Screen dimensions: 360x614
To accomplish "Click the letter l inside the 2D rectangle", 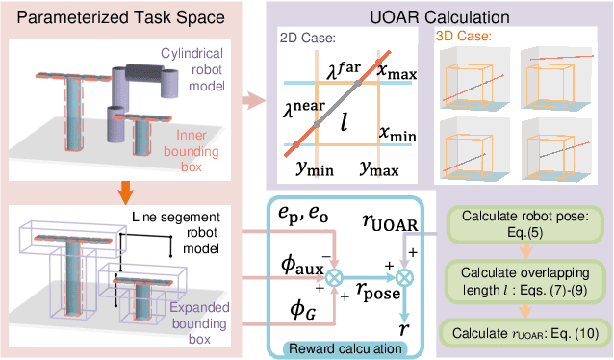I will pyautogui.click(x=345, y=121).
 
